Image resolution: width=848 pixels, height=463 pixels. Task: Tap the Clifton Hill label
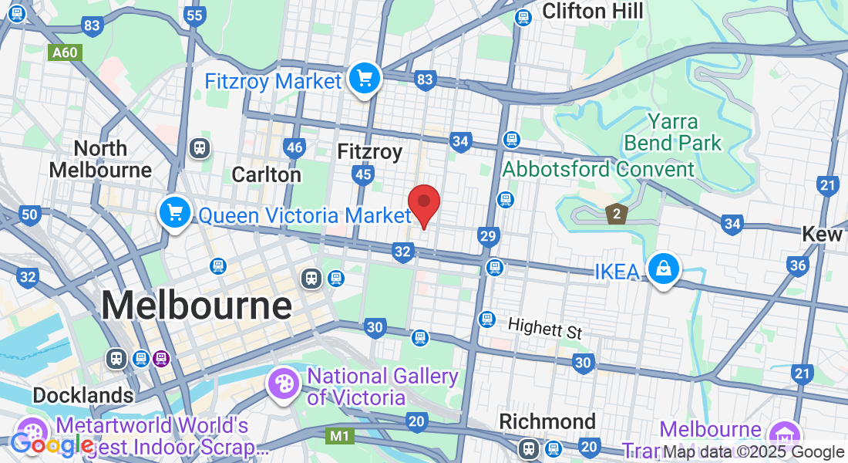point(592,11)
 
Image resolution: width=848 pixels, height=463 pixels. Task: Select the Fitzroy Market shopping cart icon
point(364,79)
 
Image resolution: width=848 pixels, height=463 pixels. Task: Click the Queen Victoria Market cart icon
point(175,212)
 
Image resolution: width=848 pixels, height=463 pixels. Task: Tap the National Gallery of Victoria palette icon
point(283,384)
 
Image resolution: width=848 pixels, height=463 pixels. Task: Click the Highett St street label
point(545,330)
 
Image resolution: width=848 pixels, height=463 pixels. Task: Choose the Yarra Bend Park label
point(673,132)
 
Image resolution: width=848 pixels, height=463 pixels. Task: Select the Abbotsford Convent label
point(598,168)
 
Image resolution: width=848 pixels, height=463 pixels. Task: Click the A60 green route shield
point(65,53)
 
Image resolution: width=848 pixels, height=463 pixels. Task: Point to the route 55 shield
point(195,15)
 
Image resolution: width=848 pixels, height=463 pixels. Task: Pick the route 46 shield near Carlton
point(294,147)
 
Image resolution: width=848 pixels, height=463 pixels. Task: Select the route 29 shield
point(487,236)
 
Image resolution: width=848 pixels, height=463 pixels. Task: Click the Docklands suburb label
point(82,395)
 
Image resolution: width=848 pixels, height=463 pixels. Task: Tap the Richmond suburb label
point(547,421)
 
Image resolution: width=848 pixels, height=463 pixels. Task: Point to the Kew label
point(823,234)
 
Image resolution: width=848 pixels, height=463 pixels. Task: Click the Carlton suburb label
point(267,175)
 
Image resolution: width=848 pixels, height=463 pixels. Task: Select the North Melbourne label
point(101,158)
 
